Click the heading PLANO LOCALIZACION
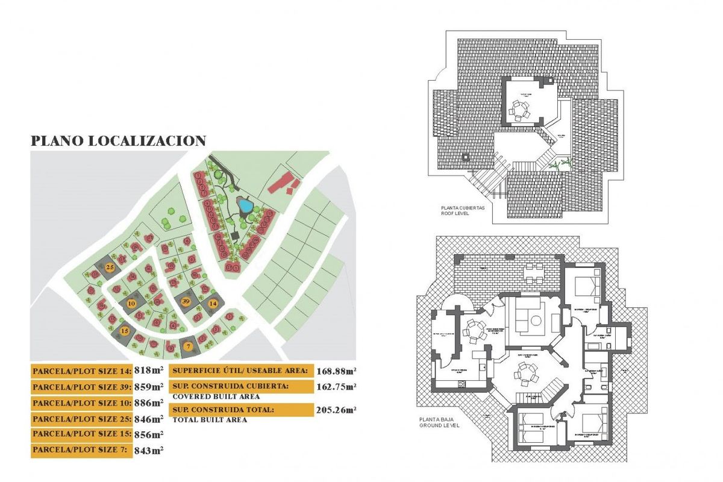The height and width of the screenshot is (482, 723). point(119,141)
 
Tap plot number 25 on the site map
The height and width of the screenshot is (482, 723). point(110,266)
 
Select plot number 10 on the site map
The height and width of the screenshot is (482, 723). point(131,304)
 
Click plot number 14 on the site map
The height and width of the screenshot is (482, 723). point(213,304)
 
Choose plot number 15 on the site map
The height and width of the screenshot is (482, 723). point(125,330)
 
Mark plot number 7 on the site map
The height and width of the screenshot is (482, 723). point(188,346)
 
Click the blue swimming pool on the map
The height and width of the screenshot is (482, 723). point(245,207)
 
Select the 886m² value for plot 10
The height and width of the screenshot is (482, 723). point(149,402)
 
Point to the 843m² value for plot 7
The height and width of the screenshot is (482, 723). point(149,449)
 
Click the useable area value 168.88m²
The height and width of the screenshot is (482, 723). point(336,371)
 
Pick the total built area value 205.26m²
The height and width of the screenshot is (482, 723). point(336,410)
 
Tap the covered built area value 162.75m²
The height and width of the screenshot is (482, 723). point(336,386)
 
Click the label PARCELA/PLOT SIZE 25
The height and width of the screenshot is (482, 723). point(81,419)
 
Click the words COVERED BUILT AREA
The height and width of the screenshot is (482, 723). point(216,396)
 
